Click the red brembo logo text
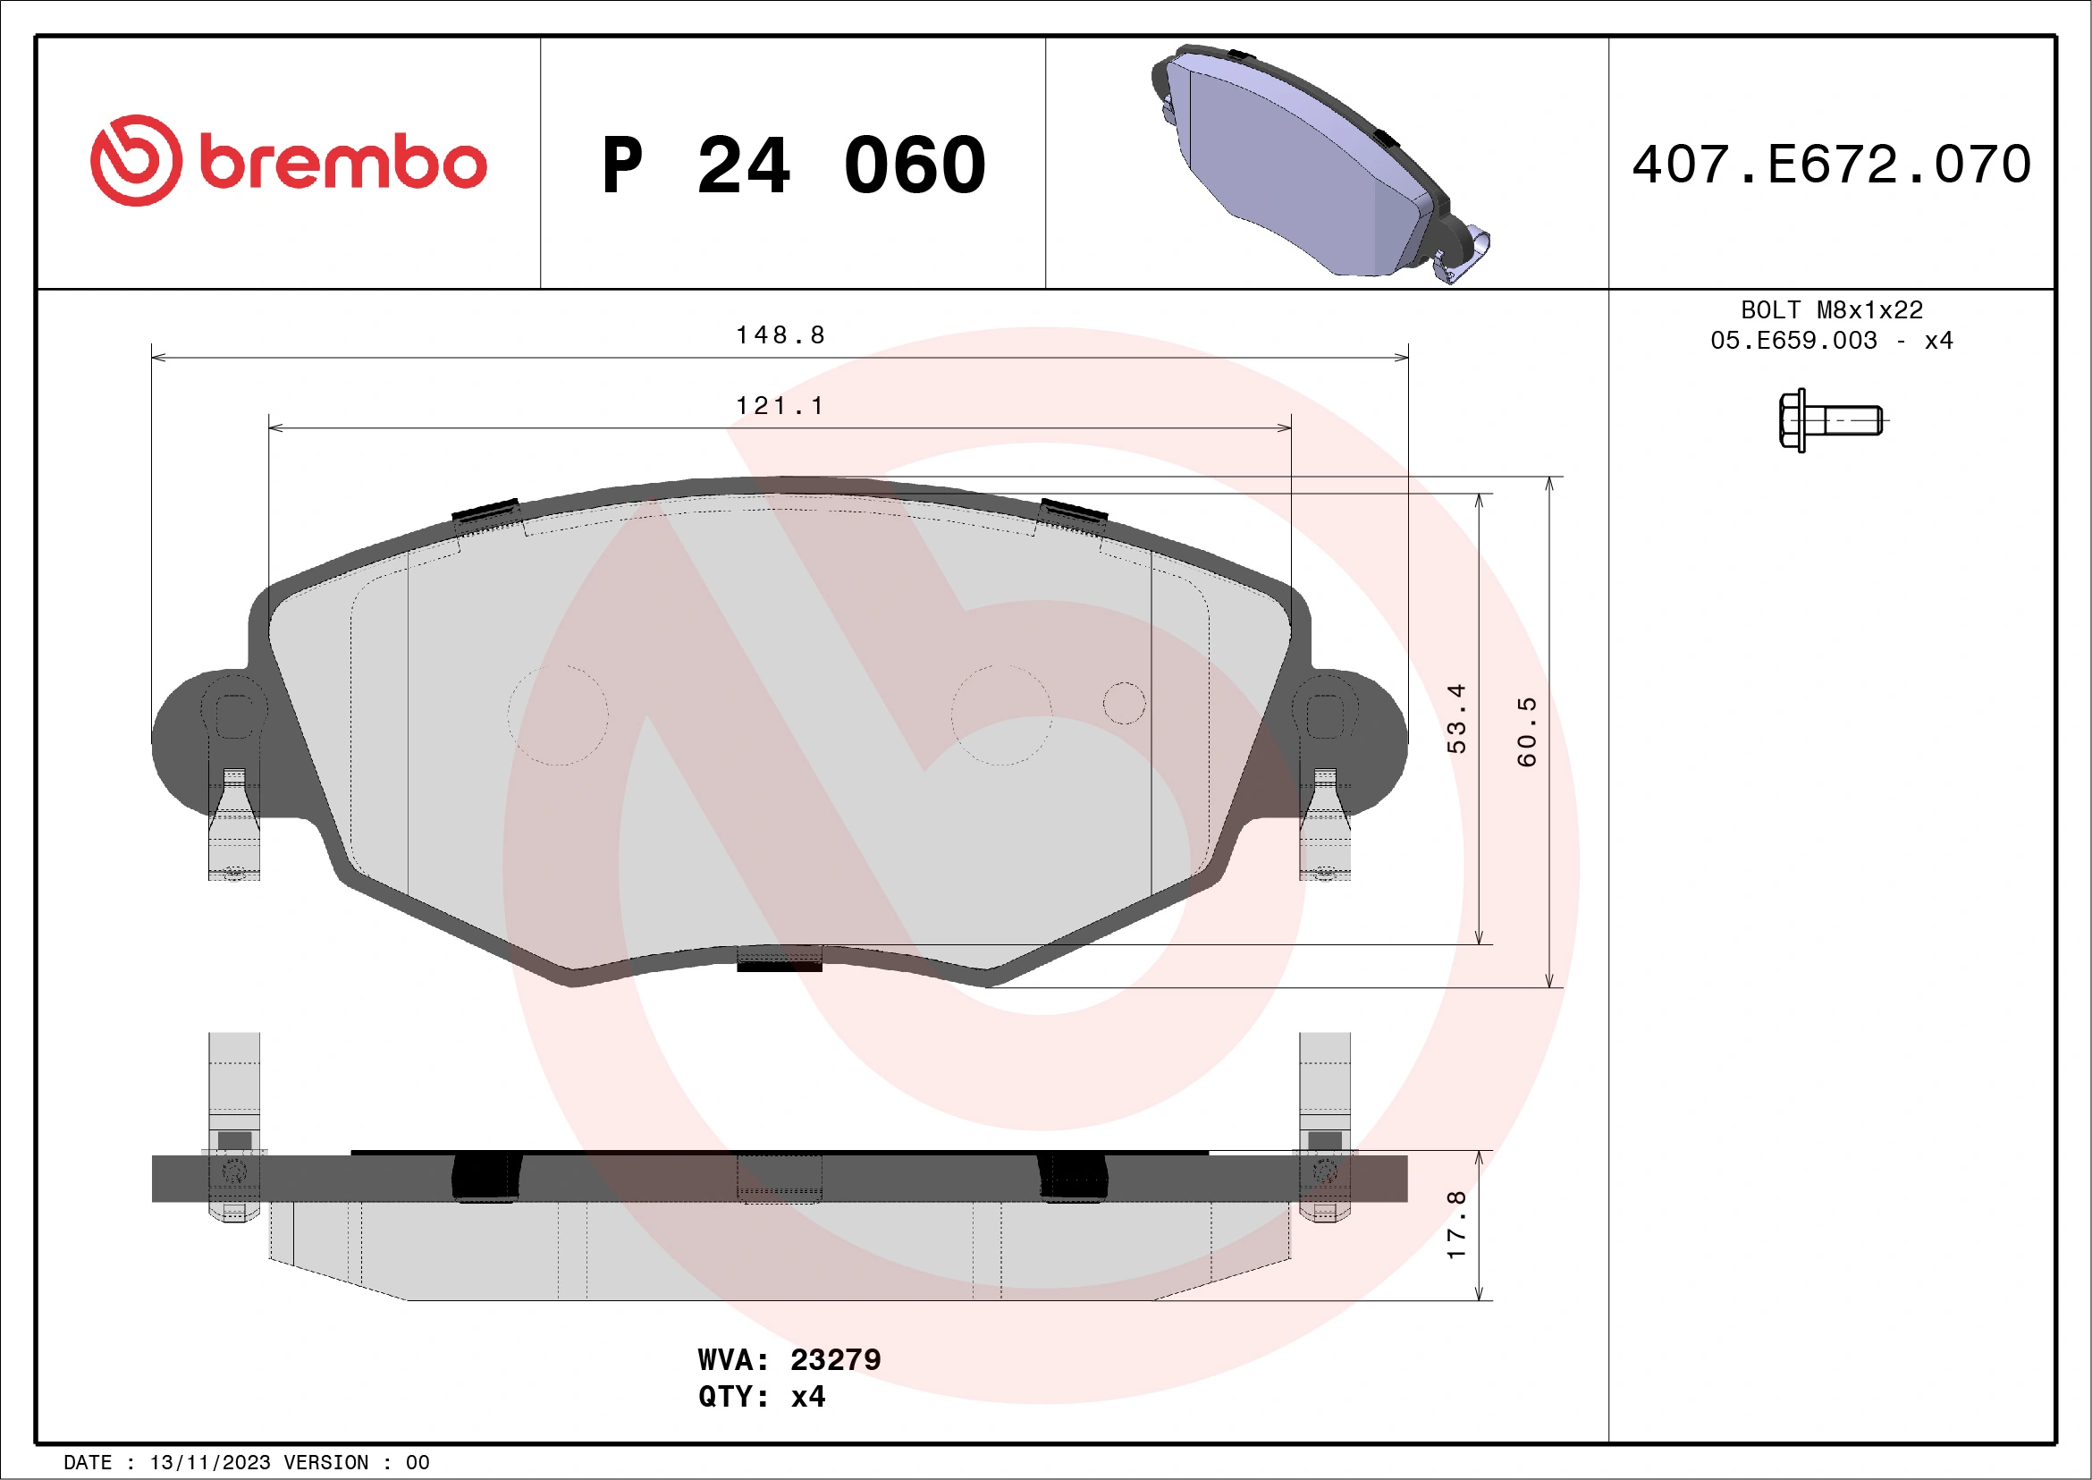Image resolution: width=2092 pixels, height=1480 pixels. pos(342,163)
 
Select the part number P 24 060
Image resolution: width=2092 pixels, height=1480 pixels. pos(794,165)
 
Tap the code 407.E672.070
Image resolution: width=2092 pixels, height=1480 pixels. pos(1832,164)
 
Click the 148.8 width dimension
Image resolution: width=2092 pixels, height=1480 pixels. pos(780,335)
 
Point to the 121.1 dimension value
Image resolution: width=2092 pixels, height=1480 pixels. pos(780,405)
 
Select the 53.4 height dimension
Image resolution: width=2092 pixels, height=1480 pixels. pos(1457,718)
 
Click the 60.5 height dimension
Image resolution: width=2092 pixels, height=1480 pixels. pos(1527,732)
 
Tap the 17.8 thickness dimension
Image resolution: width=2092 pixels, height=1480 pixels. pos(1457,1225)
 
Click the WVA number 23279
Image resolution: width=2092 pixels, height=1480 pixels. pos(835,1359)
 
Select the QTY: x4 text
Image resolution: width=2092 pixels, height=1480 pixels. pos(762,1396)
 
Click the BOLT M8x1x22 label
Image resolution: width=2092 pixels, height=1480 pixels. pos(1832,309)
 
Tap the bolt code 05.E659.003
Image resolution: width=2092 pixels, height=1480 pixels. pos(1793,341)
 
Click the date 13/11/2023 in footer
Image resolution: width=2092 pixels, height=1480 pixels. pos(210,1463)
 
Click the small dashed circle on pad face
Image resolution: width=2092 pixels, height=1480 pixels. pos(1124,703)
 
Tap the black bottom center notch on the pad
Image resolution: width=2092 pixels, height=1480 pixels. pos(779,964)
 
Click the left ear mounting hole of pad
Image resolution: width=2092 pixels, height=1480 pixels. pos(234,715)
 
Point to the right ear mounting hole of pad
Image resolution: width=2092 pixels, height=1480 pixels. pos(1325,715)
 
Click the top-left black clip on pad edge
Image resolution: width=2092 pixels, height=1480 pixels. pos(485,512)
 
